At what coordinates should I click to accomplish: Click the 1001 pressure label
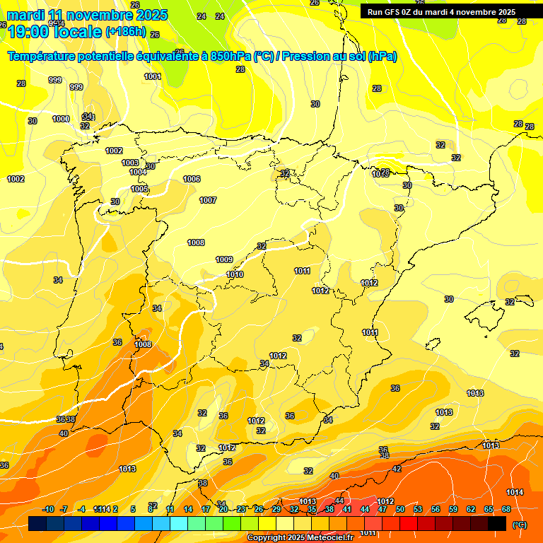(x=153, y=76)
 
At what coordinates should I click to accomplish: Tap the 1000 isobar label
(x=61, y=119)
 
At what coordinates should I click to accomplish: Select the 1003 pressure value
(x=130, y=163)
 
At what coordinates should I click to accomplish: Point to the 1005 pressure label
(x=139, y=189)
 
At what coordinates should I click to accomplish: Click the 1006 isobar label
(x=192, y=179)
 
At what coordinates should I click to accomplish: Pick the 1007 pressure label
(x=208, y=200)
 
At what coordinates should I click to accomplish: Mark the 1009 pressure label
(x=224, y=259)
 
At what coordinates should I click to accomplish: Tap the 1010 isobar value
(x=235, y=274)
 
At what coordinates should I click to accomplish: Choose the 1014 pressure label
(x=515, y=492)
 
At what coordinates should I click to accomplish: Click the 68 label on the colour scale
(x=506, y=509)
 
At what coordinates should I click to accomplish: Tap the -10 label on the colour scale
(x=49, y=509)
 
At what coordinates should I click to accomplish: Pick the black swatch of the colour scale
(x=497, y=523)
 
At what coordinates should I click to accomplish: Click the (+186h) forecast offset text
(x=126, y=32)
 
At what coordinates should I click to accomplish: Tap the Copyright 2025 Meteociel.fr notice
(x=300, y=537)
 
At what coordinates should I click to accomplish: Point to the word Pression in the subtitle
(x=306, y=56)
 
